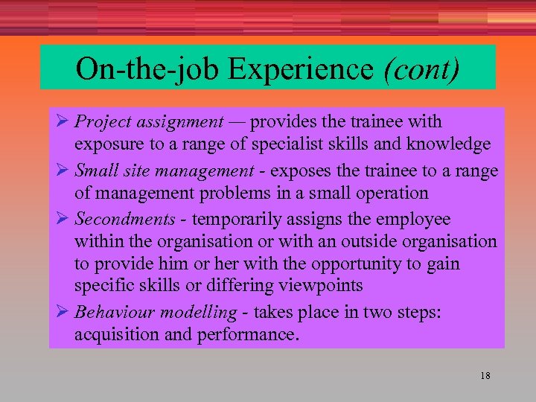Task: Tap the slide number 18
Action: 485,376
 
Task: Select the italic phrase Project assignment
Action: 149,121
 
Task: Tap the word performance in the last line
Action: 247,335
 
